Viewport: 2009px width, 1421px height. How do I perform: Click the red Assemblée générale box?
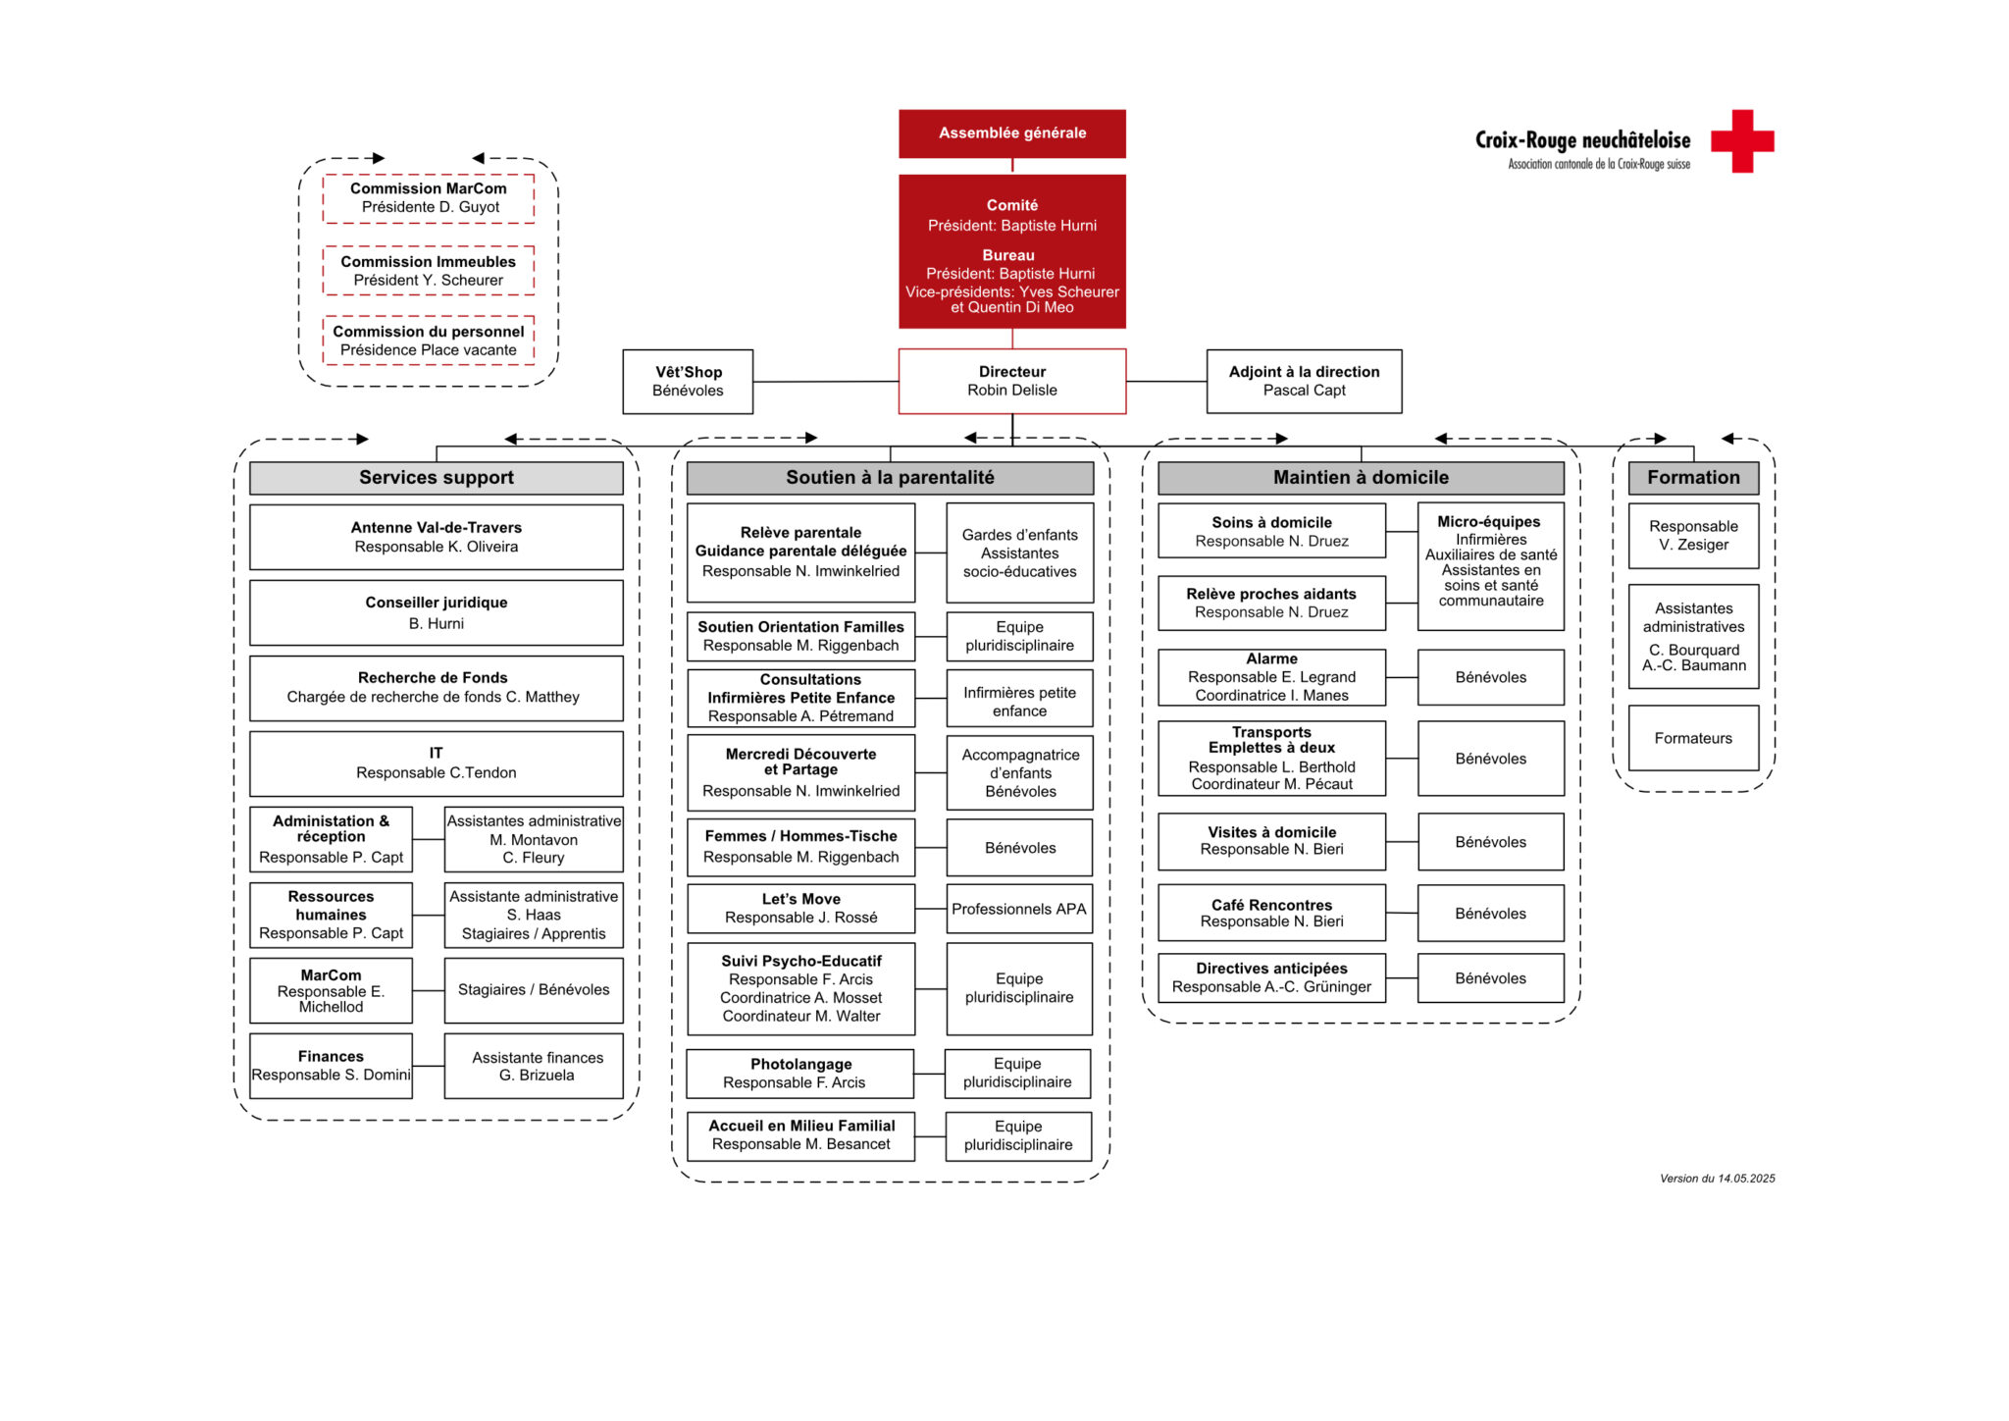click(1011, 133)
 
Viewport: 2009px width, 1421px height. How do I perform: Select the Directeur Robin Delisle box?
click(1011, 381)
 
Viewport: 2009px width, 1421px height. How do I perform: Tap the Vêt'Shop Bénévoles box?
click(688, 382)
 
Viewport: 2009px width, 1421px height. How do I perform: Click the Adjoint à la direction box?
click(1304, 381)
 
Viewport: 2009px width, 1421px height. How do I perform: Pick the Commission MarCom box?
click(429, 198)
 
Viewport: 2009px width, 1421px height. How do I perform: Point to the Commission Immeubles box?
click(429, 271)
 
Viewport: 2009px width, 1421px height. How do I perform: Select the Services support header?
click(436, 478)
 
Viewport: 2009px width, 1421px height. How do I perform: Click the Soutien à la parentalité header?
click(890, 478)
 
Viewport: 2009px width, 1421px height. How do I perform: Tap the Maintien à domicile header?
click(1361, 478)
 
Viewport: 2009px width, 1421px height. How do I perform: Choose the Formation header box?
click(1693, 478)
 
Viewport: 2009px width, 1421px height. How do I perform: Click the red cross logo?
click(1742, 141)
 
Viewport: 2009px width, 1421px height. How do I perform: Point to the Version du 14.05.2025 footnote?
click(1717, 1179)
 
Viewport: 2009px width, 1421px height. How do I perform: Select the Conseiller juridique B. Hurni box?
click(436, 612)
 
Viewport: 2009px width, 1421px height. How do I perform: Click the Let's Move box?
click(800, 909)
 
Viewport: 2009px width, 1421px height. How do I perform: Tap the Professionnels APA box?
click(1019, 909)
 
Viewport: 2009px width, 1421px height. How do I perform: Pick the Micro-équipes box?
click(1490, 566)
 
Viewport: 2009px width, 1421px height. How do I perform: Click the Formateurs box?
click(1693, 738)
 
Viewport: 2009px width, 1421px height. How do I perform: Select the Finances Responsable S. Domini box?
click(331, 1066)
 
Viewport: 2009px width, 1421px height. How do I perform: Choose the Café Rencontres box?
click(1271, 913)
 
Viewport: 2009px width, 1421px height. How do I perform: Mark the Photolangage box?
click(800, 1074)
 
